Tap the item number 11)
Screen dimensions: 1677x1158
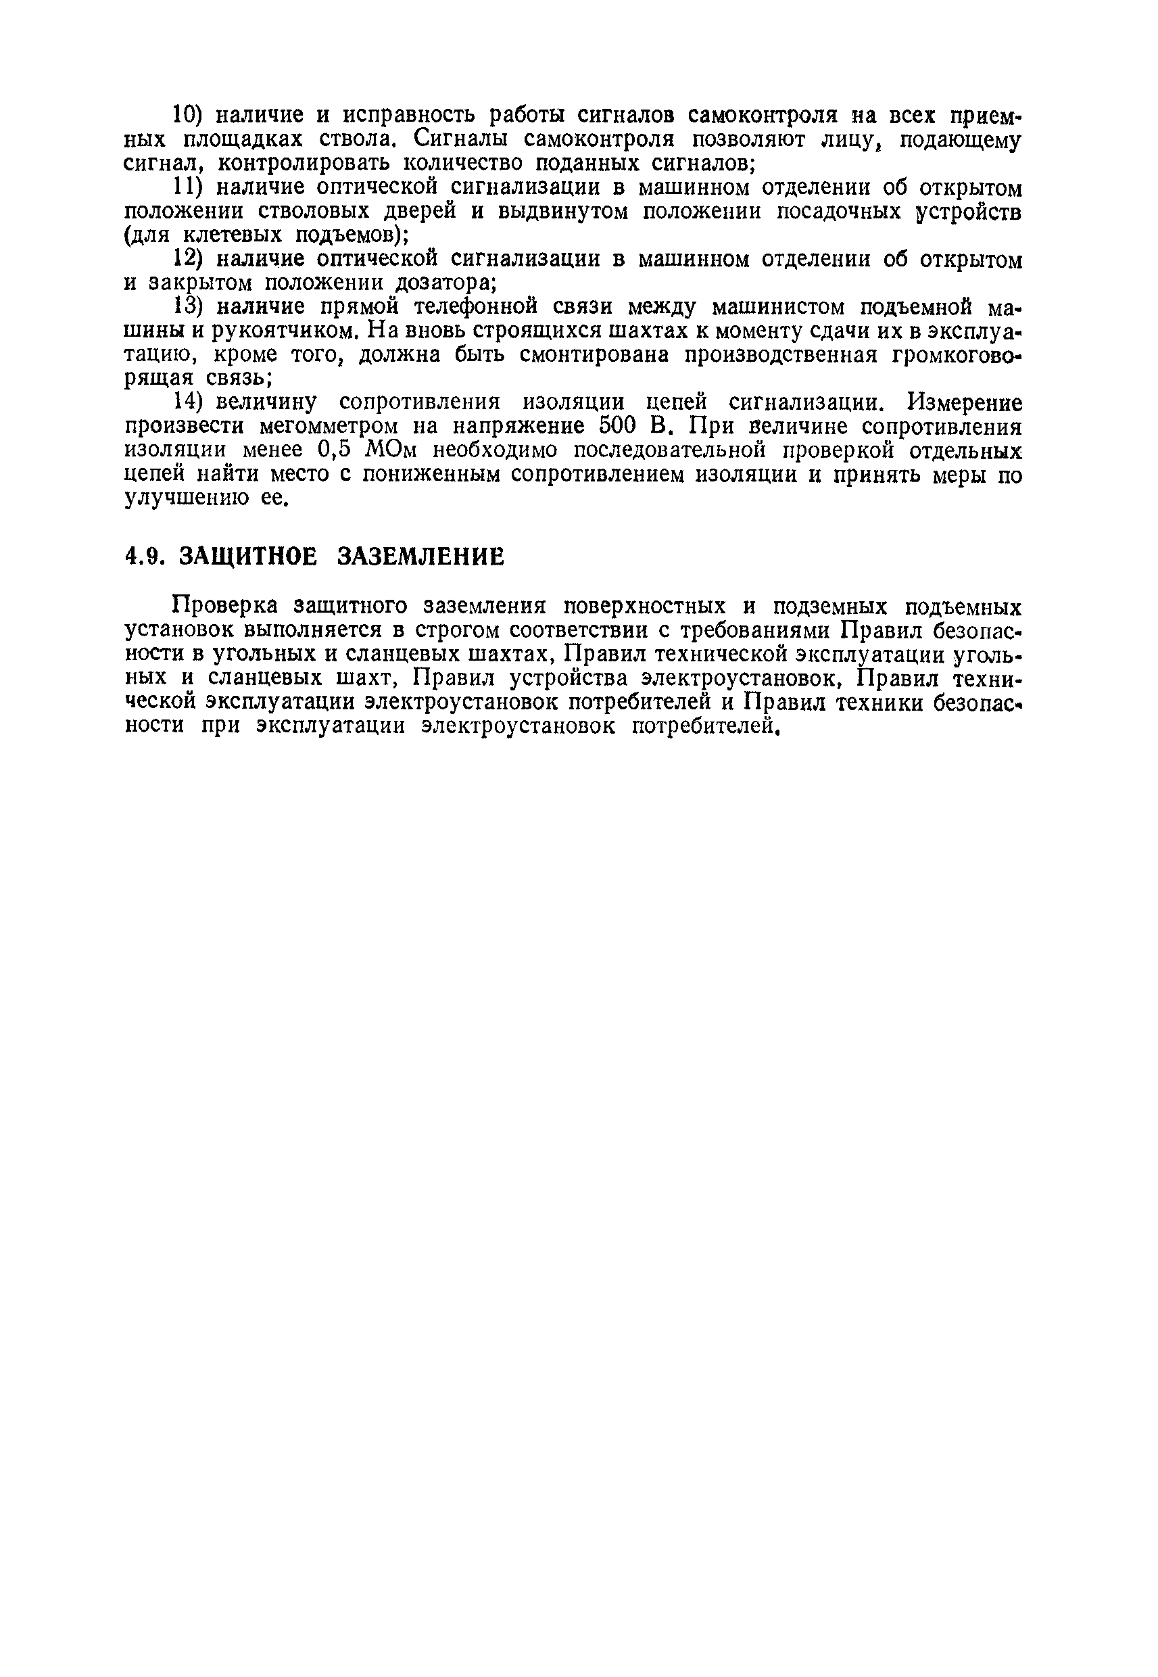pos(191,187)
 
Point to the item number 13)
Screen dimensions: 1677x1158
pos(191,307)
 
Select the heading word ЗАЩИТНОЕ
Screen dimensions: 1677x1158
pos(247,557)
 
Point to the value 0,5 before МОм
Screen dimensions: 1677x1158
pos(335,450)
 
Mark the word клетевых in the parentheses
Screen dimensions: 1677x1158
pos(231,235)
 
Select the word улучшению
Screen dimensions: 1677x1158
pos(186,498)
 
